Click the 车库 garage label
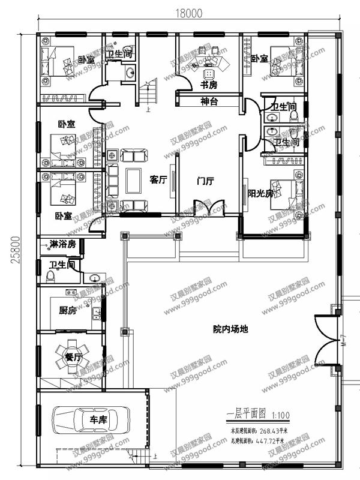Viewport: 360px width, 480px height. point(98,421)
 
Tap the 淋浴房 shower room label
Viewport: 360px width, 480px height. point(62,245)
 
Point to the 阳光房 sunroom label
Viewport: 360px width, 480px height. point(260,193)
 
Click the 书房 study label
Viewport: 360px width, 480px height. point(209,85)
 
